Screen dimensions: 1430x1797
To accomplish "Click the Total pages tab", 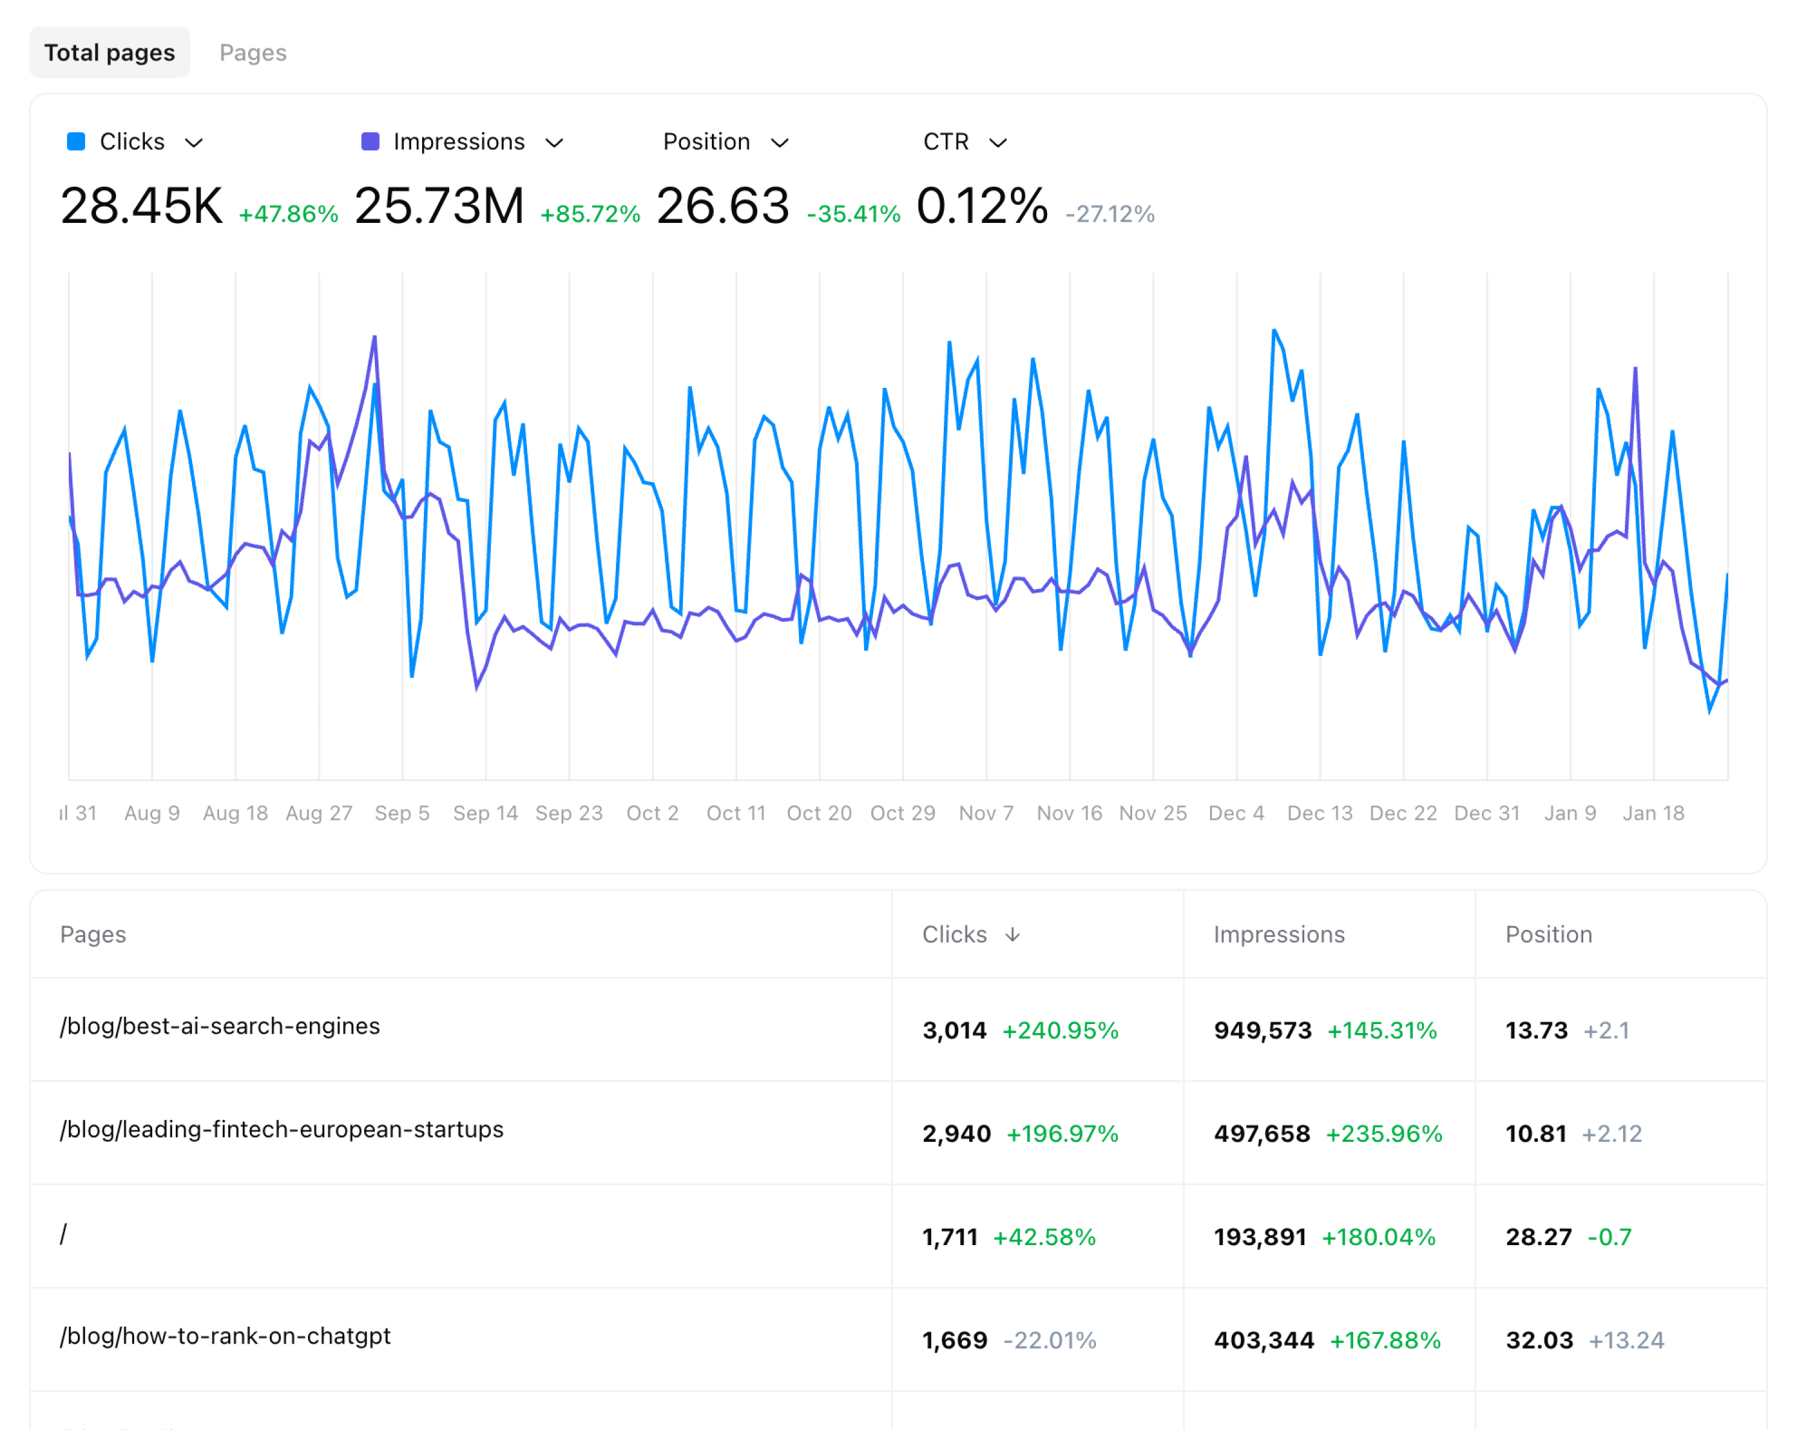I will click(109, 53).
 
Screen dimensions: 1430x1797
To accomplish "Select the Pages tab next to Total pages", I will click(252, 53).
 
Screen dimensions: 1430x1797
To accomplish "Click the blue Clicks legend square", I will click(76, 142).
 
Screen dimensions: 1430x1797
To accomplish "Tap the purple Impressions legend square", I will click(370, 142).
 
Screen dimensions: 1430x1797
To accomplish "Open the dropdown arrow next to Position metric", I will click(780, 143).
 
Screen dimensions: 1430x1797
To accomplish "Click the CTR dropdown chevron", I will click(998, 143).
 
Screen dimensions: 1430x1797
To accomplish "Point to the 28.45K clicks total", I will click(142, 206).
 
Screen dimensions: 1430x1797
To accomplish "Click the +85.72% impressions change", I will click(590, 214).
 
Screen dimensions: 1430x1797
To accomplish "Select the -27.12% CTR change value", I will click(1109, 214).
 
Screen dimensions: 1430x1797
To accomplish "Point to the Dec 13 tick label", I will click(1319, 813).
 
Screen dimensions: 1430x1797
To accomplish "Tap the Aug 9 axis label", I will click(152, 813).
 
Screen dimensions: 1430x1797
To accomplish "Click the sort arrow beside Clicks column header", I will click(1012, 935).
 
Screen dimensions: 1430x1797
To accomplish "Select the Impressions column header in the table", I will click(1278, 935).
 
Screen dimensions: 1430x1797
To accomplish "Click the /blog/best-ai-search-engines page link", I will click(220, 1026).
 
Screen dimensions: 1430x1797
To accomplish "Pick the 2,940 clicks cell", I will click(956, 1134).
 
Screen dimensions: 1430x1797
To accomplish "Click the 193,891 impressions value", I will click(1260, 1237).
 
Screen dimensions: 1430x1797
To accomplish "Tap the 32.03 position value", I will click(1539, 1341).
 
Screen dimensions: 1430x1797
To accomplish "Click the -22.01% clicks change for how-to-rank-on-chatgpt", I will click(1049, 1341).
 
